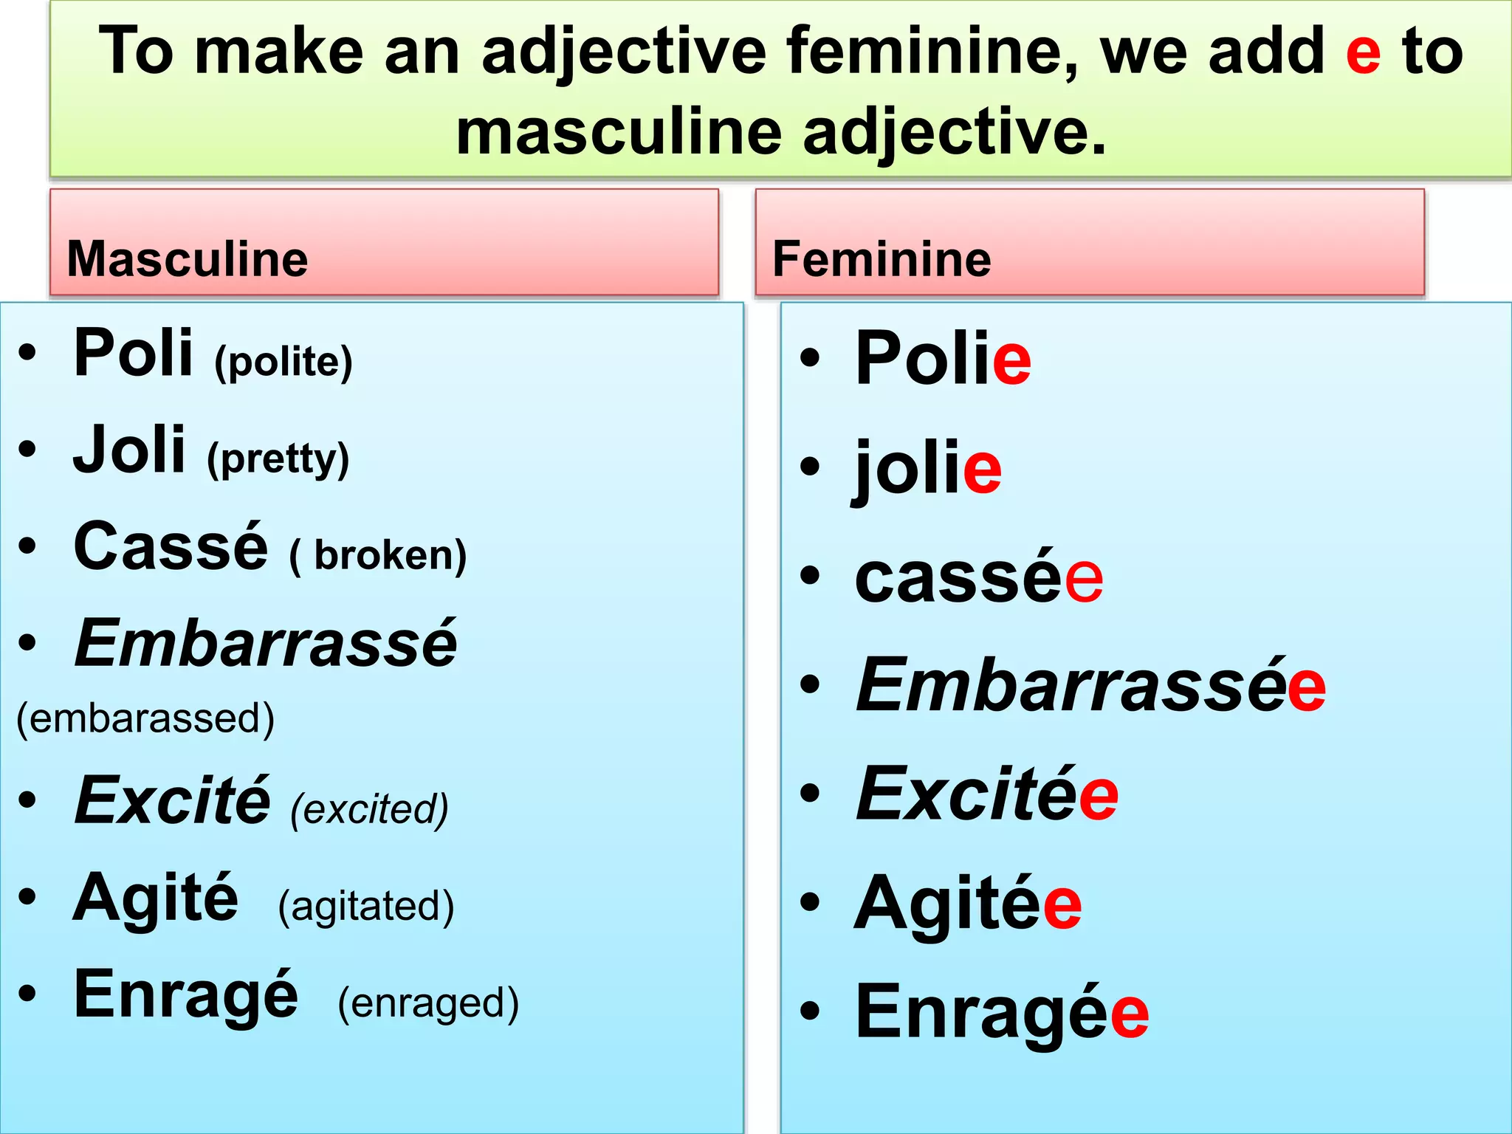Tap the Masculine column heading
point(188,259)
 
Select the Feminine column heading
point(882,259)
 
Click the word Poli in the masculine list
point(134,354)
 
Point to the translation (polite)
point(283,362)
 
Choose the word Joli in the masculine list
point(129,450)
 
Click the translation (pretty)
point(278,459)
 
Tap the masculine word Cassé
point(171,547)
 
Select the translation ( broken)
point(378,556)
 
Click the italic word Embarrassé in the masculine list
point(266,644)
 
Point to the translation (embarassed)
point(145,718)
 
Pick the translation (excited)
point(369,809)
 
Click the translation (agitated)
point(366,906)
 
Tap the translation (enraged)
point(428,1003)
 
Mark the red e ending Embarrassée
point(1306,688)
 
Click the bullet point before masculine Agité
point(28,897)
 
